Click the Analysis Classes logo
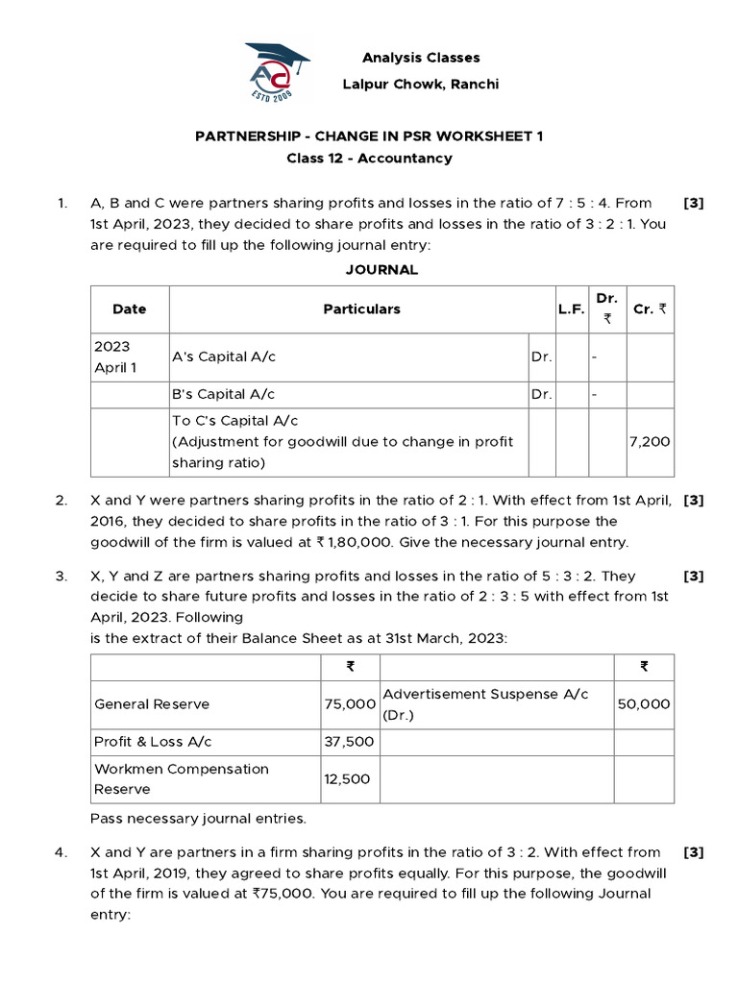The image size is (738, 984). click(x=277, y=71)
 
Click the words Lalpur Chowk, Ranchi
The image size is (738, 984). click(x=421, y=85)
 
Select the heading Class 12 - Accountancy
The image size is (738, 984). click(x=369, y=158)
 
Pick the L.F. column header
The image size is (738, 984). click(x=571, y=309)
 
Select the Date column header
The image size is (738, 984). click(x=130, y=309)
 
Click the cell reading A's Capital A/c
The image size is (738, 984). click(x=223, y=357)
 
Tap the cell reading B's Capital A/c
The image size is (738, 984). click(x=223, y=395)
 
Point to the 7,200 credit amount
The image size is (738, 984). click(x=650, y=442)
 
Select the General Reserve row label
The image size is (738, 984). click(x=152, y=704)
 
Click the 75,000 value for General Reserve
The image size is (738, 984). click(x=349, y=704)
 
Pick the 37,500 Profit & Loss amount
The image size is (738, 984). click(x=349, y=742)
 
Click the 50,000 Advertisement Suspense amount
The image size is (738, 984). click(x=644, y=704)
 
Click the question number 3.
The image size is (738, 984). click(x=61, y=577)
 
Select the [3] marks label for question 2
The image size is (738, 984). click(x=694, y=501)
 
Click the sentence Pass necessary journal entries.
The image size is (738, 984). click(x=198, y=820)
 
